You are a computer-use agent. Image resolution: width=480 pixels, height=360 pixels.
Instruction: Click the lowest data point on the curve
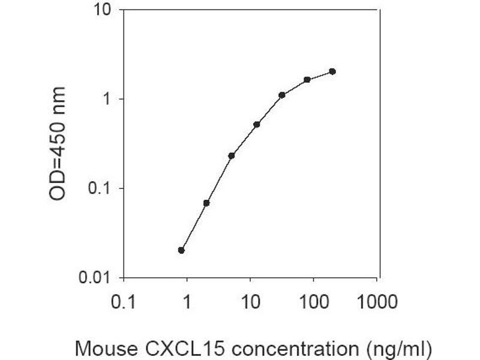tap(181, 250)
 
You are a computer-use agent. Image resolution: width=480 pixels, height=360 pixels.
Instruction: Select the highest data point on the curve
tap(332, 71)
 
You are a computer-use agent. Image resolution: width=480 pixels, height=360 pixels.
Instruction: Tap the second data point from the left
tap(206, 203)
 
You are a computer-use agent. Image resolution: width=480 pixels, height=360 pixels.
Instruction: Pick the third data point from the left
tap(232, 155)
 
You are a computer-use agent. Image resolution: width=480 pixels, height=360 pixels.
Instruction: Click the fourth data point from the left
tap(257, 124)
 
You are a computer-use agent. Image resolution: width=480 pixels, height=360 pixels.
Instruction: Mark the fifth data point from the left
tap(281, 95)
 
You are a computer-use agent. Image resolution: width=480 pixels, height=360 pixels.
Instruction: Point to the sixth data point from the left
tap(307, 79)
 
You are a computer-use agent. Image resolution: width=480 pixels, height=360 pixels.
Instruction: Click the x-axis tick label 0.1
tap(124, 301)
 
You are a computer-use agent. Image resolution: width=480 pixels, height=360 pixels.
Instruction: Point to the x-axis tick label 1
tap(187, 301)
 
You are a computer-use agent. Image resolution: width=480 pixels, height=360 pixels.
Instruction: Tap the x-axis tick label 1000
tap(377, 301)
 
